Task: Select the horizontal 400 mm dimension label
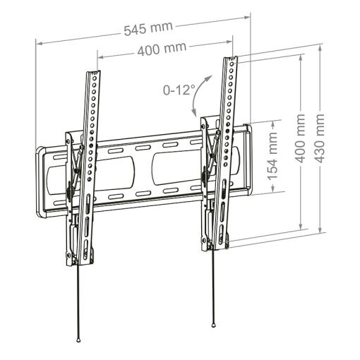tap(162, 49)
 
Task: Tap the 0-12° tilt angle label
tap(179, 90)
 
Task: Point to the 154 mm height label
tap(272, 156)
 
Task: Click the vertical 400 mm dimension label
tap(300, 138)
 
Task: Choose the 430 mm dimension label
tap(320, 138)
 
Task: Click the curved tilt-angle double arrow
tap(200, 95)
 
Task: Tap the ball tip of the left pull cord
tap(78, 340)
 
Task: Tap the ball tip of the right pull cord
tap(213, 325)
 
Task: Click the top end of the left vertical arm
tap(94, 72)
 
